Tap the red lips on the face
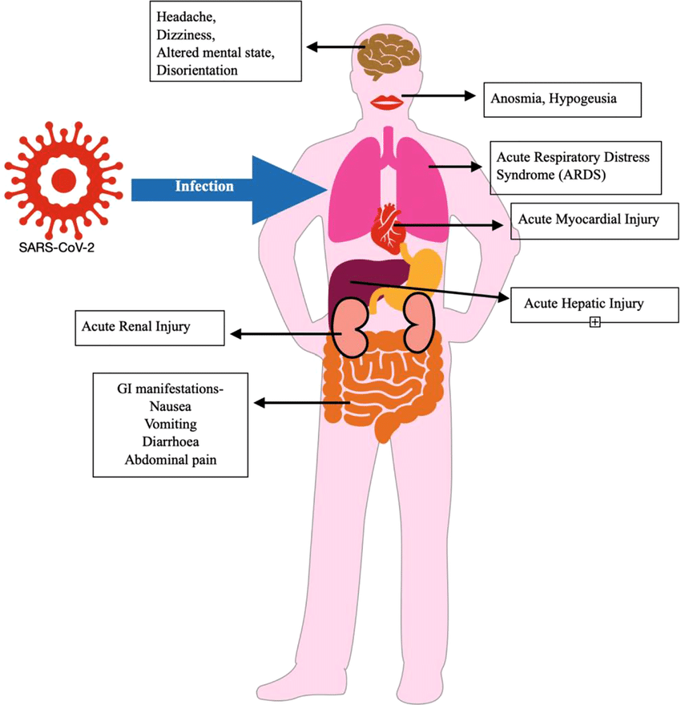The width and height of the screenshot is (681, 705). coord(389,102)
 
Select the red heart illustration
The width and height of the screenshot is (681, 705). coord(388,226)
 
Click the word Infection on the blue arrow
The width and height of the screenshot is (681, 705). coord(205,187)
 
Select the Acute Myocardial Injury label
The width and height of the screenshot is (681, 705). coord(588,220)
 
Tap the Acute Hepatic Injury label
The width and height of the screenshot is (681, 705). coord(583,304)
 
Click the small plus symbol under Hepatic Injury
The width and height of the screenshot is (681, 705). coord(594,322)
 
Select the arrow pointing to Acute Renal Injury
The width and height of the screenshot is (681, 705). coord(280,333)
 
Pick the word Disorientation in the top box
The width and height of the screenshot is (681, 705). coord(198,70)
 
